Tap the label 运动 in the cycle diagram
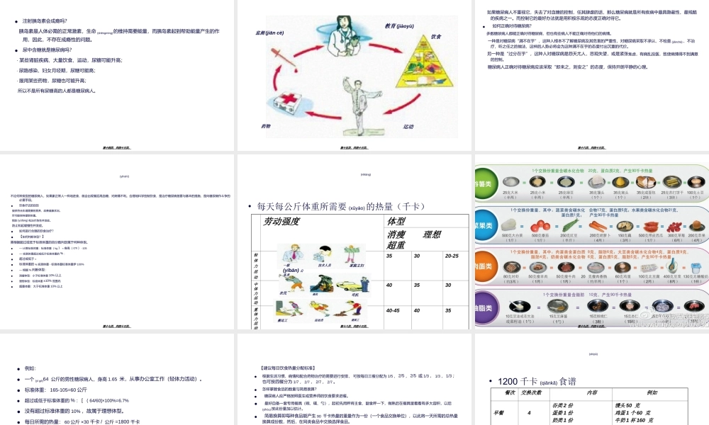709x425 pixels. click(408, 127)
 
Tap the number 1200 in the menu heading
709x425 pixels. click(510, 381)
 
